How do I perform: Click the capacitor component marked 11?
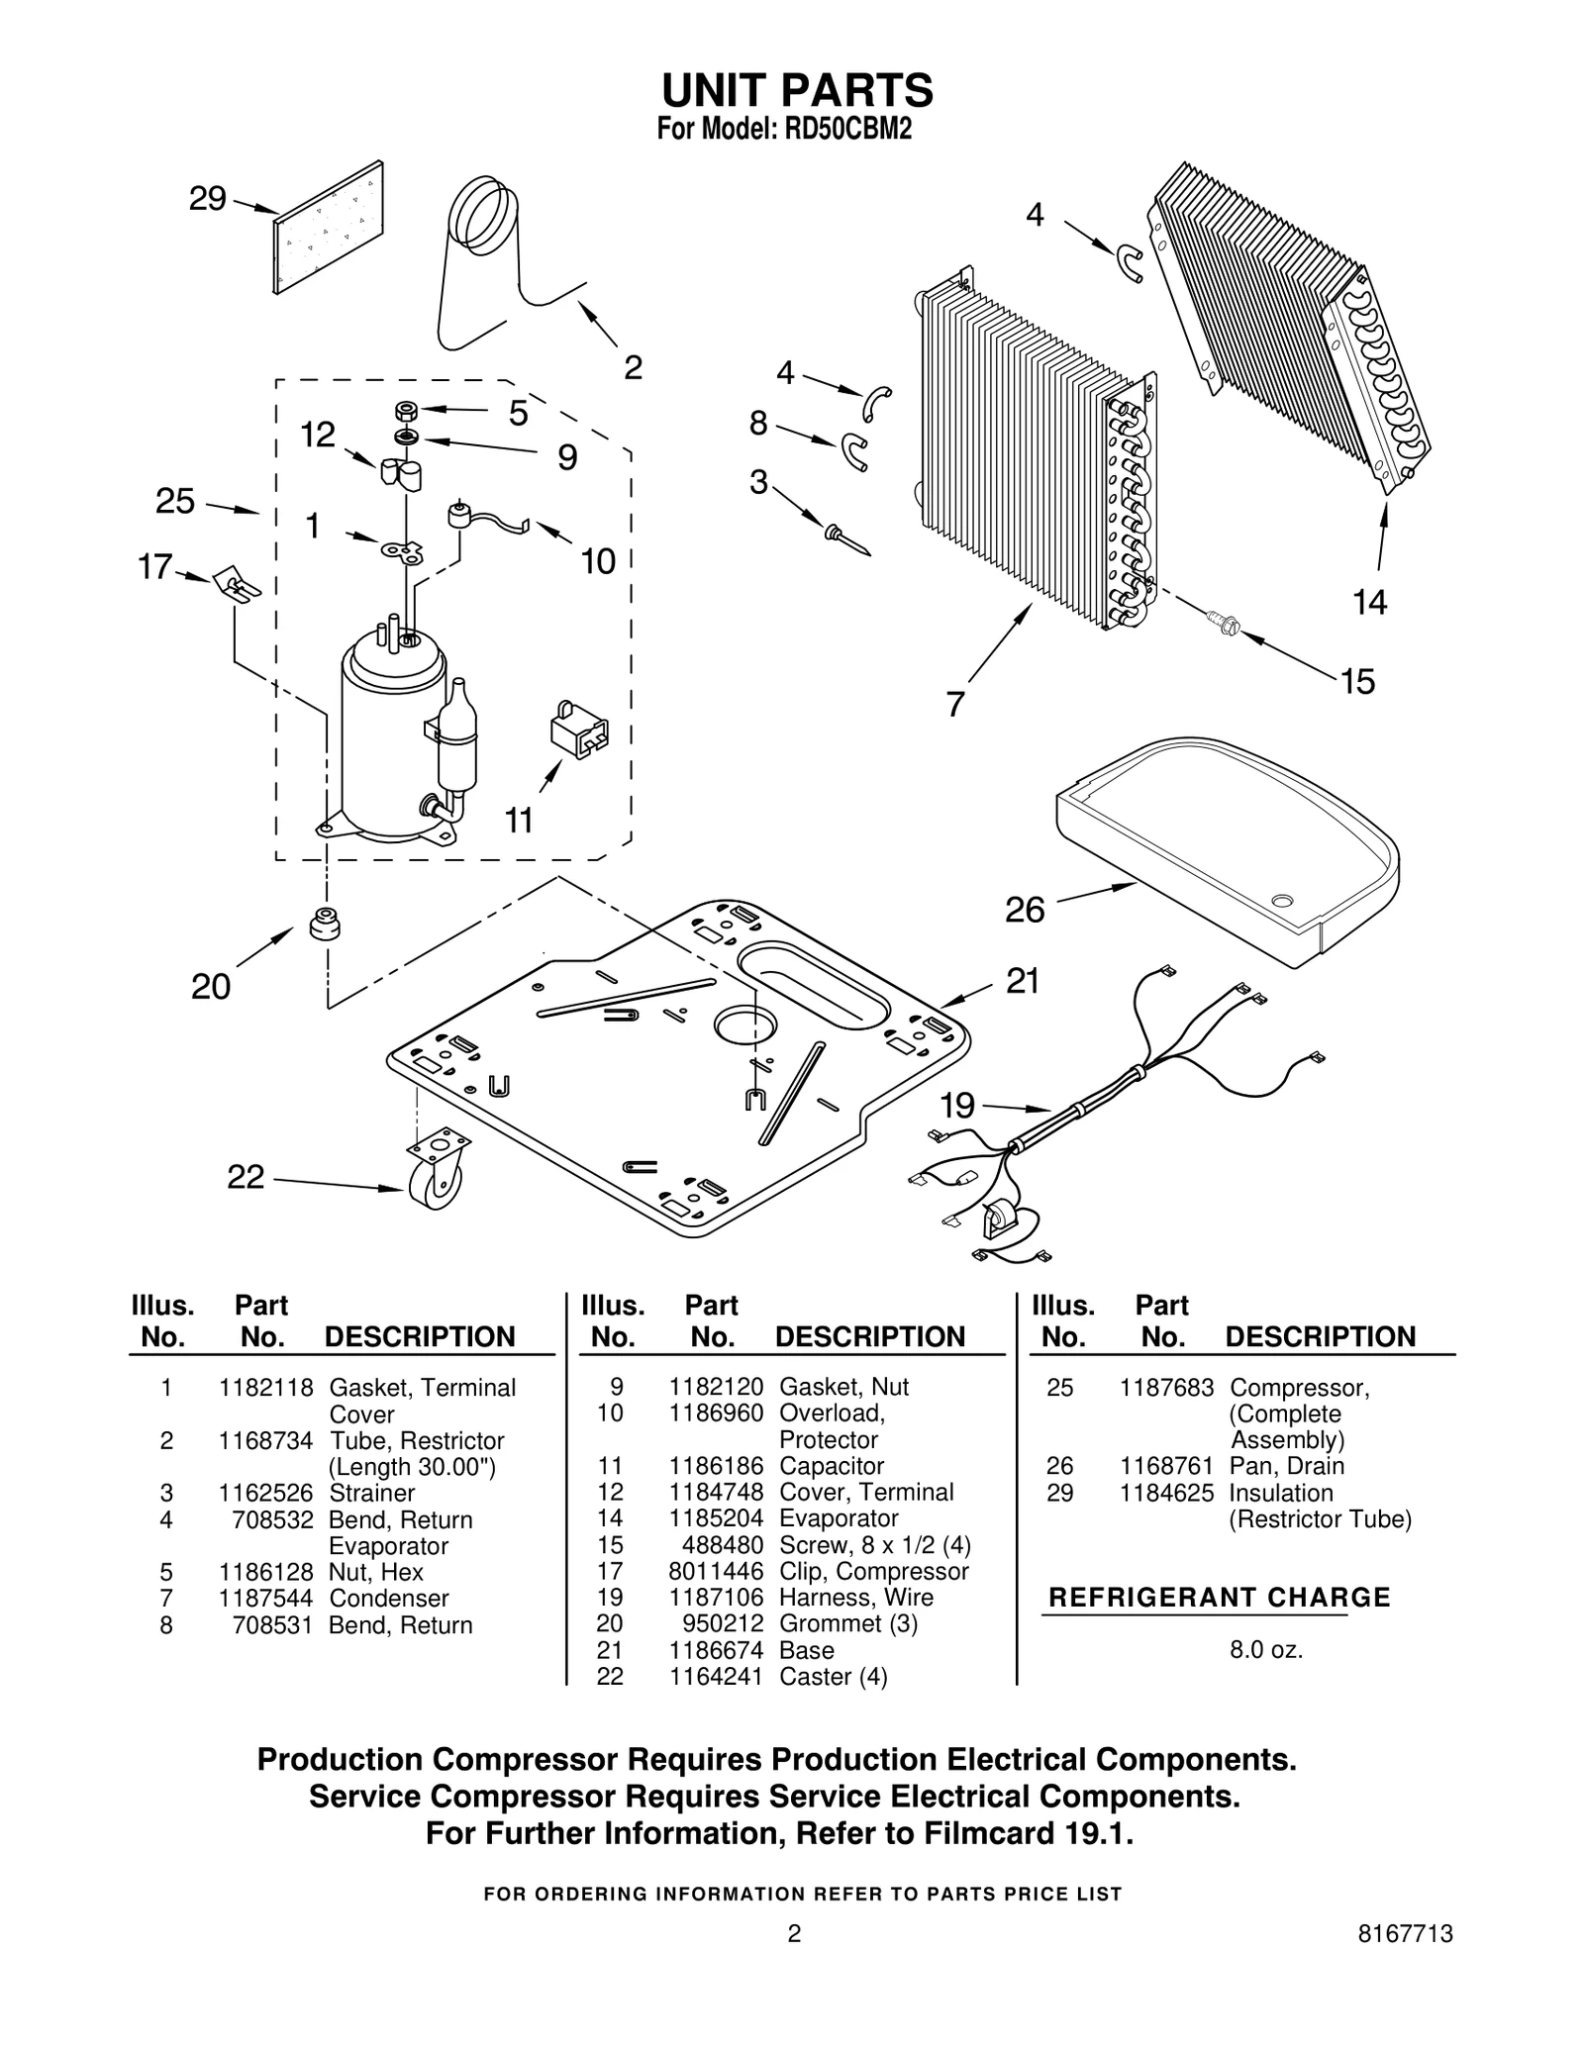579,732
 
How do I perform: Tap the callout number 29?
208,199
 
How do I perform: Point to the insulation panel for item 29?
328,228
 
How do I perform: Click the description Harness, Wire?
856,1598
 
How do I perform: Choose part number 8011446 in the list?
716,1572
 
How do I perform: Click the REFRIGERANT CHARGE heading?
1219,1598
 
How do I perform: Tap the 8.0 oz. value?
1265,1650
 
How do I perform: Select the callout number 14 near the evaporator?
1369,601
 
